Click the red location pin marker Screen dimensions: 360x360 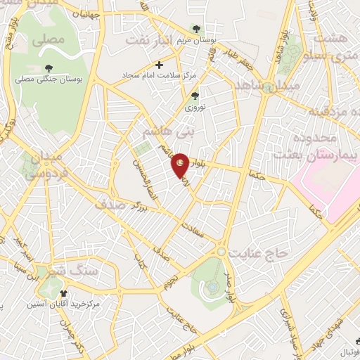[181, 165]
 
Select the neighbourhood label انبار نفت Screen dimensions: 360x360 [149, 41]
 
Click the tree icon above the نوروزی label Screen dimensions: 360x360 [195, 96]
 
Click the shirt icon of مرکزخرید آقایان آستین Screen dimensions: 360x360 [64, 293]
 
